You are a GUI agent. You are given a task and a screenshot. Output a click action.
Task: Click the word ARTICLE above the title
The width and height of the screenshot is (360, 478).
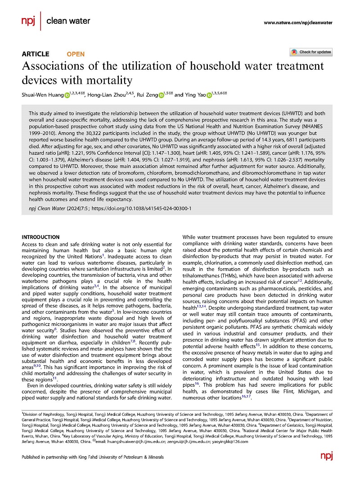point(36,54)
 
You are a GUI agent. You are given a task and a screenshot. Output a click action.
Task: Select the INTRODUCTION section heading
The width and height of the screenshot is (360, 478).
point(40,237)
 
